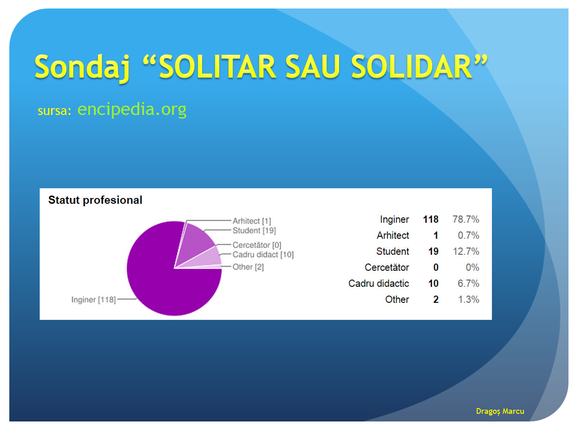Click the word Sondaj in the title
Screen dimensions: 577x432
click(x=82, y=68)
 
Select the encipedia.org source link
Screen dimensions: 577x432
click(x=132, y=109)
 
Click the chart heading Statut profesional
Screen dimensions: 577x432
click(x=95, y=200)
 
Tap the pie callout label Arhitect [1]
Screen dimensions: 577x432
click(x=252, y=221)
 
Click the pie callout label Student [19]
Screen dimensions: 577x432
click(x=254, y=230)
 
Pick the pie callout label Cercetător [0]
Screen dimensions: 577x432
click(x=257, y=245)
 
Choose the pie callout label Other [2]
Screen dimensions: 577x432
click(x=248, y=267)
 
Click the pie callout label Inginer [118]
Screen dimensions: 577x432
click(x=94, y=300)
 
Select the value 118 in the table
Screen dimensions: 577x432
click(x=431, y=219)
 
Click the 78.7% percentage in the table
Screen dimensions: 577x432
click(x=466, y=219)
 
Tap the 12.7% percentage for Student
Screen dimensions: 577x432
click(x=466, y=251)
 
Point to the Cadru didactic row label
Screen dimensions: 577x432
click(x=378, y=283)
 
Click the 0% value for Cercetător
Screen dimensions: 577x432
click(x=472, y=267)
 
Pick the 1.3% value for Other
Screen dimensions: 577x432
click(x=469, y=299)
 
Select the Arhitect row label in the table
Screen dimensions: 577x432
click(x=393, y=235)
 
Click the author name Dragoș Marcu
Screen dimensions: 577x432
click(x=500, y=411)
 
